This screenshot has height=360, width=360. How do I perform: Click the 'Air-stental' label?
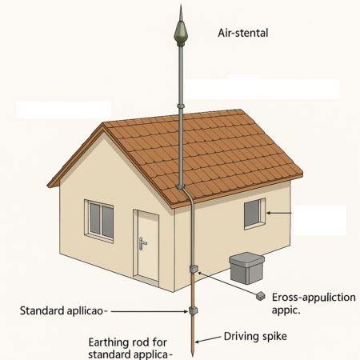tap(243, 33)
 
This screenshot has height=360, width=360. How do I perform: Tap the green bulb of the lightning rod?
tap(181, 33)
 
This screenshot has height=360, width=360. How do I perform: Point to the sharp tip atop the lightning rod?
tap(181, 6)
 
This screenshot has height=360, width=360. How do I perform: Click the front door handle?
tap(142, 243)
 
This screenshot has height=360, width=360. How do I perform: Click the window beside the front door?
tap(99, 221)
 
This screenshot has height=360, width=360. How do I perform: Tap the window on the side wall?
tap(254, 214)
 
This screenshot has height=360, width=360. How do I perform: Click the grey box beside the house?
tap(246, 268)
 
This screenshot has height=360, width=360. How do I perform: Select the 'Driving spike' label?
tap(255, 336)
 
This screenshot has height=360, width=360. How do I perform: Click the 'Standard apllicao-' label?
tap(63, 311)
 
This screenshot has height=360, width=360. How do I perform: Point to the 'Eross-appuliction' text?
tap(314, 298)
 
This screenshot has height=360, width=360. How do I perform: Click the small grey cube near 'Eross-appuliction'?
tap(260, 296)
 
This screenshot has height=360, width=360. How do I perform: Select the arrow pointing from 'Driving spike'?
tap(208, 339)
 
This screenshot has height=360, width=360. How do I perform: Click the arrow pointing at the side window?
tap(279, 213)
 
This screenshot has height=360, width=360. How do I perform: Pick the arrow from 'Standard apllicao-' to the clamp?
tap(150, 311)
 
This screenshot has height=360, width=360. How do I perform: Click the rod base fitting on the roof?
tap(181, 186)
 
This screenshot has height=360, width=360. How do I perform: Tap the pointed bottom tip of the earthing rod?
tap(193, 356)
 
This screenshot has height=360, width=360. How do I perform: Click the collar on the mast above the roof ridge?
tap(181, 106)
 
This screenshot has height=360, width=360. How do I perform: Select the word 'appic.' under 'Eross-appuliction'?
tap(286, 310)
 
